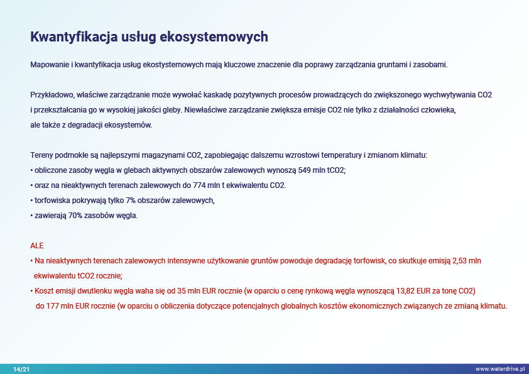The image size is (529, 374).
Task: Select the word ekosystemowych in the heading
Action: (214, 37)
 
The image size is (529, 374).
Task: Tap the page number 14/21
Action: (21, 369)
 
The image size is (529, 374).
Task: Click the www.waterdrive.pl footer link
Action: (500, 369)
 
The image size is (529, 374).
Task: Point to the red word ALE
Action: (37, 246)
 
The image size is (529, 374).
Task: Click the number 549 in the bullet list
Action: (304, 170)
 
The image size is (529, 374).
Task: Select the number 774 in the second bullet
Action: (199, 185)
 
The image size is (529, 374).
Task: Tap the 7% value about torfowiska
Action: (131, 201)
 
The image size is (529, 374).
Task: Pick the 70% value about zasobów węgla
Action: (75, 216)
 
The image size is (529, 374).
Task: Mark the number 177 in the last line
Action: (53, 306)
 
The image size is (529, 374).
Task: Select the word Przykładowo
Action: (52, 95)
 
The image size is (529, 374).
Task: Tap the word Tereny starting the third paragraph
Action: (41, 155)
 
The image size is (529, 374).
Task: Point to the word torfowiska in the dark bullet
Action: (51, 201)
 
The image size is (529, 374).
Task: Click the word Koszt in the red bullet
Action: (44, 291)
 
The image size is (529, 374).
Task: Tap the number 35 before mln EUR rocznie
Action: (182, 291)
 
